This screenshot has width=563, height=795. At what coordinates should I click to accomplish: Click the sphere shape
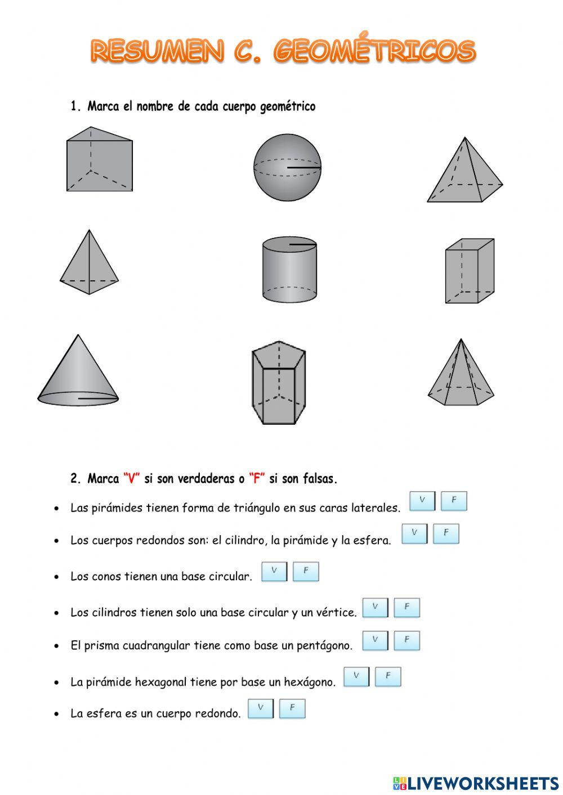point(287,168)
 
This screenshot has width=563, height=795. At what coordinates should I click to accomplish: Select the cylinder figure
point(289,270)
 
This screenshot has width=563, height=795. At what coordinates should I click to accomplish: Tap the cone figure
point(78,374)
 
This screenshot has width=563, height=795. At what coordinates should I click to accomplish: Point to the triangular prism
point(99,160)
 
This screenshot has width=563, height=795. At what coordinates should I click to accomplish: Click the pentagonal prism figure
point(279,383)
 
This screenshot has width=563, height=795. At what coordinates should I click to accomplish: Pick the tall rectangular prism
point(469,271)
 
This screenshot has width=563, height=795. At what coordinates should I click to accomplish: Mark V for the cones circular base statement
point(274,571)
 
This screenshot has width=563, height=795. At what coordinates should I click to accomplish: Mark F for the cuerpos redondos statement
point(446,533)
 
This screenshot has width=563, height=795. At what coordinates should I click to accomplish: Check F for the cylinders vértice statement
point(406,608)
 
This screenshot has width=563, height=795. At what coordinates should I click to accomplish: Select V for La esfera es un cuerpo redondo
point(260,708)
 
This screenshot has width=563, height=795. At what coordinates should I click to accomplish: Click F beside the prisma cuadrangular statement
point(406,640)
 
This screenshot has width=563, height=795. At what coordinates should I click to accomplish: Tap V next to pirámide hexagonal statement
point(356,676)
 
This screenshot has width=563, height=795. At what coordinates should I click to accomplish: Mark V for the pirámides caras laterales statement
point(422,501)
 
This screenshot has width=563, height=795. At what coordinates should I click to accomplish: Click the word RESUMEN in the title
point(157,52)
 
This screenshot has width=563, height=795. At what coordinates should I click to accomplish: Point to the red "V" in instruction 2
point(131,479)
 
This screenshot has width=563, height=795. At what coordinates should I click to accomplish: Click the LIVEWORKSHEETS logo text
point(482,783)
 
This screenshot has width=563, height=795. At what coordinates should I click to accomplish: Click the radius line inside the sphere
point(304,168)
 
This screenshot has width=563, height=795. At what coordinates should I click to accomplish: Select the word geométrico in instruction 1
point(288,106)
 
